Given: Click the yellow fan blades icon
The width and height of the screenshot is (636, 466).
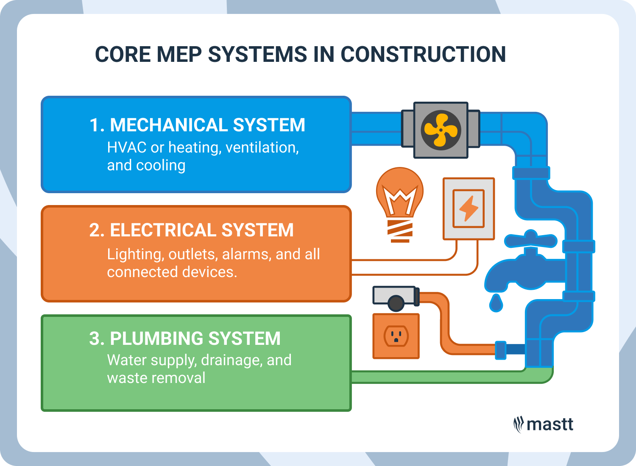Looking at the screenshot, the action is pyautogui.click(x=441, y=130).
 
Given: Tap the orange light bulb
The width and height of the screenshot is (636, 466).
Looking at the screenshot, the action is pyautogui.click(x=400, y=205).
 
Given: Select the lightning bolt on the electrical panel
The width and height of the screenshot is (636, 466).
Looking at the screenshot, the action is pyautogui.click(x=469, y=208).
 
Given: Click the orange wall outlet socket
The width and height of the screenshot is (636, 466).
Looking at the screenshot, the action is pyautogui.click(x=396, y=336).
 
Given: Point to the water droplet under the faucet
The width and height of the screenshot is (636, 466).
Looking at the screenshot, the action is pyautogui.click(x=496, y=303).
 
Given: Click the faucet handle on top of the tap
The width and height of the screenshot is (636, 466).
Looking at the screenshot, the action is pyautogui.click(x=531, y=240).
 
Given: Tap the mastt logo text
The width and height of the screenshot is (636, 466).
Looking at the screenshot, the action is pyautogui.click(x=550, y=424).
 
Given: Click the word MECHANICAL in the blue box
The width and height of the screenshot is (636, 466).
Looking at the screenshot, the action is pyautogui.click(x=169, y=125).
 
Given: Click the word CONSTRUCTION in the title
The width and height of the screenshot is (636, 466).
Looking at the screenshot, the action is pyautogui.click(x=423, y=54).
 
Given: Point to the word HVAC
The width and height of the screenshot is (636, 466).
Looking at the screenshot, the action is pyautogui.click(x=127, y=147).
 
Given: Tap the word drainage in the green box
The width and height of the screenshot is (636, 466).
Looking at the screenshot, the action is pyautogui.click(x=232, y=361).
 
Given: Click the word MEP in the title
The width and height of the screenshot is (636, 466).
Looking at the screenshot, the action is pyautogui.click(x=179, y=54).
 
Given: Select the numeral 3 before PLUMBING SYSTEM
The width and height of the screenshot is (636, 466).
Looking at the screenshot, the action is pyautogui.click(x=95, y=338).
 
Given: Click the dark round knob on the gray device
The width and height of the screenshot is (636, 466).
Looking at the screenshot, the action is pyautogui.click(x=396, y=303).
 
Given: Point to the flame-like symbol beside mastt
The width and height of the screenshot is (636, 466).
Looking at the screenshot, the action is pyautogui.click(x=519, y=425).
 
